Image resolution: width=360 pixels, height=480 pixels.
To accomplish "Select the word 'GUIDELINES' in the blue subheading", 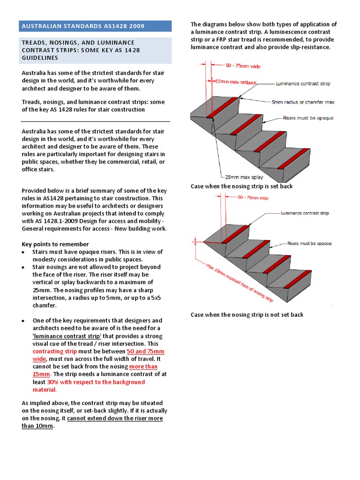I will (x=40, y=58).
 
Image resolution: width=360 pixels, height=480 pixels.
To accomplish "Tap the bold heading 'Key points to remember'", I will (x=55, y=244).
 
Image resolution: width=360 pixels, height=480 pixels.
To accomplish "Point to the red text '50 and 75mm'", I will (x=145, y=351).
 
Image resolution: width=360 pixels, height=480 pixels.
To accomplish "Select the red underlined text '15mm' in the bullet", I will (x=41, y=374).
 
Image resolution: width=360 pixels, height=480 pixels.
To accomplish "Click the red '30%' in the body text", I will (x=53, y=382).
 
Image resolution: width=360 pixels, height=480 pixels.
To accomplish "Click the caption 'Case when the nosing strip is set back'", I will (x=241, y=186).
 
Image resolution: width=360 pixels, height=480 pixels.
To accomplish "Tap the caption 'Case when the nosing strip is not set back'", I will (x=247, y=315).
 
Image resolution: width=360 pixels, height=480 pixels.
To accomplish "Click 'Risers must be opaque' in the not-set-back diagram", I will (x=310, y=243).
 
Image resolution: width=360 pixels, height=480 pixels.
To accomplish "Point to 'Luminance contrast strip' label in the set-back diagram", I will (x=302, y=83).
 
